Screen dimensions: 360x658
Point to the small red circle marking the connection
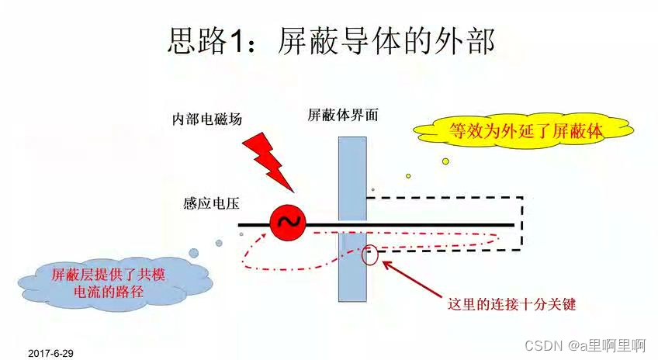[371, 254]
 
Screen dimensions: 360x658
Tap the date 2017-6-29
[50, 353]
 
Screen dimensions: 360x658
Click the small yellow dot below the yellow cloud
[445, 161]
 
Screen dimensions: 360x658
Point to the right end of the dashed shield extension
[522, 224]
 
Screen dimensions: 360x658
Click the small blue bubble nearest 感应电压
[219, 243]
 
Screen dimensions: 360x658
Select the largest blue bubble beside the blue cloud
[195, 254]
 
